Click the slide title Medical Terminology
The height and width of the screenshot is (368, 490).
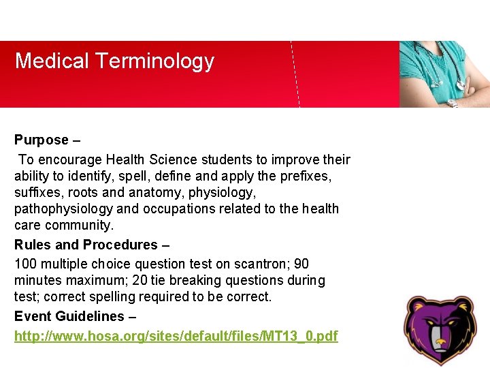pos(114,61)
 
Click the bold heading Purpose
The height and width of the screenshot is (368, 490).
pos(42,140)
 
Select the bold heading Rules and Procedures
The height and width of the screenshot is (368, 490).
pos(86,245)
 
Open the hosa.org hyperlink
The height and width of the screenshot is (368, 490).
pos(176,336)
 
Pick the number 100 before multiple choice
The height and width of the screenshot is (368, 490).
pos(25,264)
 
